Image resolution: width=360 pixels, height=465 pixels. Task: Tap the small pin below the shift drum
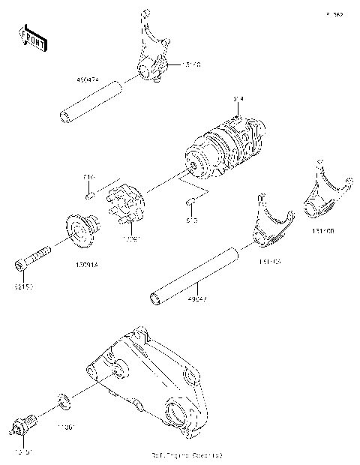click(191, 201)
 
